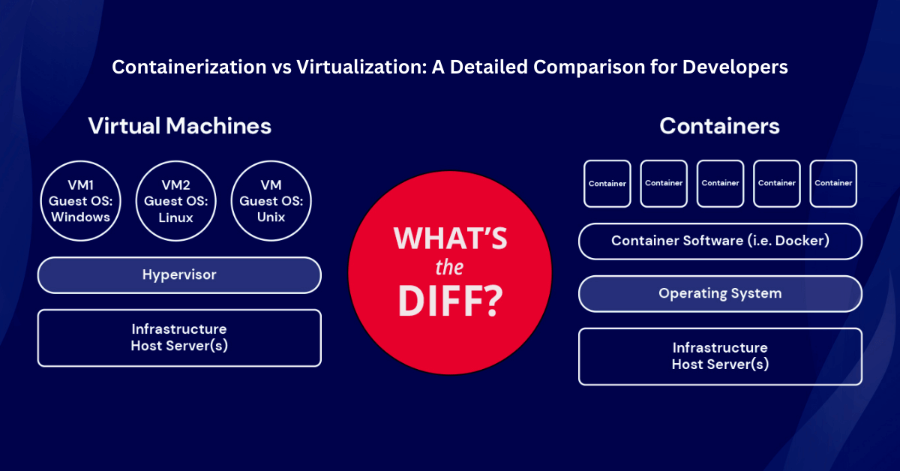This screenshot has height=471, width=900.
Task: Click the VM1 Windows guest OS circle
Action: click(81, 201)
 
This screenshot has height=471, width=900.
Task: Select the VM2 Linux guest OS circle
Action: click(176, 201)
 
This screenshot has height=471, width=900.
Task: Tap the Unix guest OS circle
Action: click(271, 201)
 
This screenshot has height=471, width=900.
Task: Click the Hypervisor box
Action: click(179, 275)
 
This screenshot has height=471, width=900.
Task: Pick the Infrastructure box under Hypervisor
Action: click(179, 338)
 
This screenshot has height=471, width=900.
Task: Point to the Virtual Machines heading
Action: click(179, 126)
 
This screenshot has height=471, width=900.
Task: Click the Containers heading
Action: click(719, 126)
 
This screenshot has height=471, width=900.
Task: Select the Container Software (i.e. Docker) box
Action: click(720, 241)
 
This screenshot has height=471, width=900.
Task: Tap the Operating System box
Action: click(720, 294)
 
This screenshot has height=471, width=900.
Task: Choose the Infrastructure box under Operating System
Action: click(720, 356)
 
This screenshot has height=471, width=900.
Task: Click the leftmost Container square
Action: click(607, 184)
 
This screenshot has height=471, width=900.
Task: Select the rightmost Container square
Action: click(833, 184)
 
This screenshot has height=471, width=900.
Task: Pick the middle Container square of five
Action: click(720, 184)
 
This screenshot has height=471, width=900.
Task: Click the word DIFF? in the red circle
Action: click(451, 301)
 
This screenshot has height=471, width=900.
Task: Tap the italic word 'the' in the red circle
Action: click(449, 268)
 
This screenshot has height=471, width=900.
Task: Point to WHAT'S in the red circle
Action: click(451, 238)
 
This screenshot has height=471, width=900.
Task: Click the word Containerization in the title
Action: click(189, 67)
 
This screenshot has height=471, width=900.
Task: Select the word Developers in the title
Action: click(735, 67)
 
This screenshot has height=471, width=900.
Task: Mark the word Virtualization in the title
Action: click(361, 67)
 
